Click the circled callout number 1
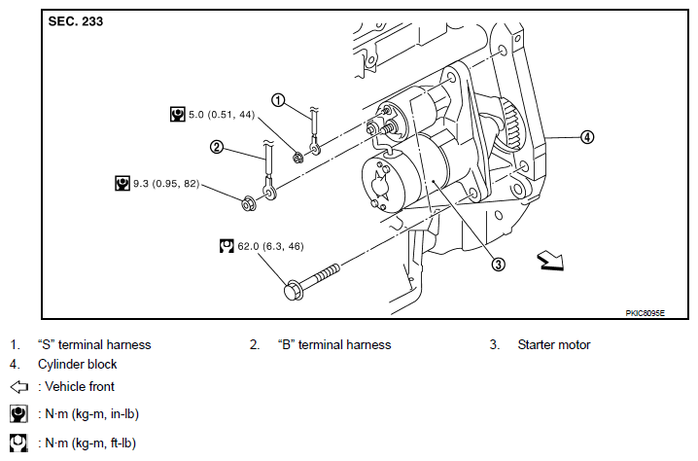tap(278, 100)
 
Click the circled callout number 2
tap(217, 147)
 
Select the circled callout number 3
tap(498, 265)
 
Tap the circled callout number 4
tap(587, 137)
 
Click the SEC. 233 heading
tap(75, 21)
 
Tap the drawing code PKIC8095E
tap(645, 313)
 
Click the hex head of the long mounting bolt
tap(294, 290)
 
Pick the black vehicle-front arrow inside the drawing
tap(550, 261)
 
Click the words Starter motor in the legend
tap(554, 344)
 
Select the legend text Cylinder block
tap(77, 365)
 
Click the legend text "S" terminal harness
tap(94, 344)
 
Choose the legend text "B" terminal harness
tap(334, 344)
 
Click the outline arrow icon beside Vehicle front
tap(18, 387)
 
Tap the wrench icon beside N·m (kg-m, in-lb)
tap(18, 413)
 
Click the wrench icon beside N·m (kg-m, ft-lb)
tap(18, 443)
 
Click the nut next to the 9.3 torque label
tap(248, 202)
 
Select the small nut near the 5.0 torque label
tap(298, 157)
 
